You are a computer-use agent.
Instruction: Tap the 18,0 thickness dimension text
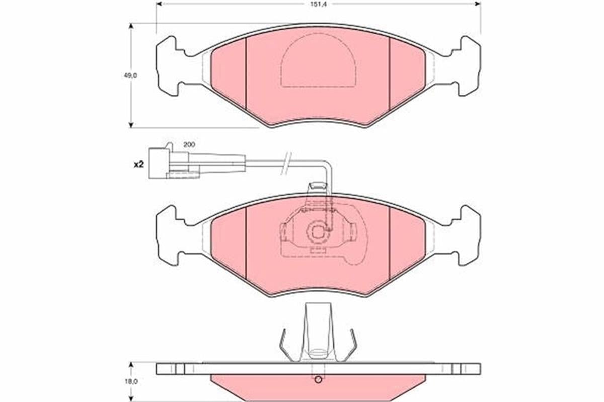click(x=131, y=382)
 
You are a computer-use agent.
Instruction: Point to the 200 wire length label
click(x=189, y=144)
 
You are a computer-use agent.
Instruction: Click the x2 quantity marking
click(x=139, y=164)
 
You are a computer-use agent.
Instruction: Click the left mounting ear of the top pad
click(x=169, y=66)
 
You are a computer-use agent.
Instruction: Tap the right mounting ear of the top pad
click(x=467, y=66)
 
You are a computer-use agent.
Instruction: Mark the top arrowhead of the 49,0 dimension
click(x=131, y=26)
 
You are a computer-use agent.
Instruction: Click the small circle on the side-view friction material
click(x=318, y=380)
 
